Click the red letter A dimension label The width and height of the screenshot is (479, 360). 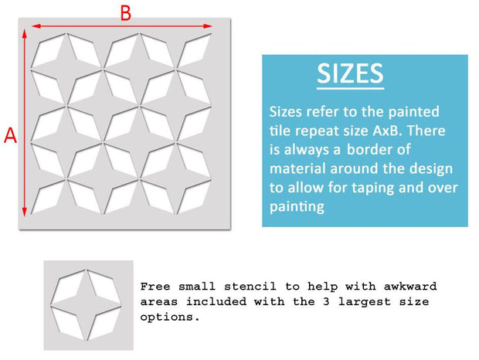coord(10,135)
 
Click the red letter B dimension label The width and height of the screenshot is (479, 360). coord(126,13)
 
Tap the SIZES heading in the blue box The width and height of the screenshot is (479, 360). coord(350,73)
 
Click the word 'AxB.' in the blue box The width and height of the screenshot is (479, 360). coord(386,131)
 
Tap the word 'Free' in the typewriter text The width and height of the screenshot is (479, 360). coord(155,287)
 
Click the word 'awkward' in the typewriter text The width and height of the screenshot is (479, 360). coord(410,287)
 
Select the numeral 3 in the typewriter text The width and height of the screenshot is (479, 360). coord(326,302)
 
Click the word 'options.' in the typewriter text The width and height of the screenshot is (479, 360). coord(170,317)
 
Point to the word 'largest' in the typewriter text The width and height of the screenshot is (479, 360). coord(365,302)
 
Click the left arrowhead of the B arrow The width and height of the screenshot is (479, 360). coord(36,26)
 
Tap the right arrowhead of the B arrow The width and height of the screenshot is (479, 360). coord(208,26)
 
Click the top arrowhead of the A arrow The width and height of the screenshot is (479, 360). coord(25,33)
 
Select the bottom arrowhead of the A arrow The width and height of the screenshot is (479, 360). coord(25,212)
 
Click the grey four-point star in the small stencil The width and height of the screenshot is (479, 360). coord(87,304)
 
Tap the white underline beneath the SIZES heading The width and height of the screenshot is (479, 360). coord(350,89)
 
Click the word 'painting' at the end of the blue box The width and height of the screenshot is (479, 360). coord(297,207)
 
